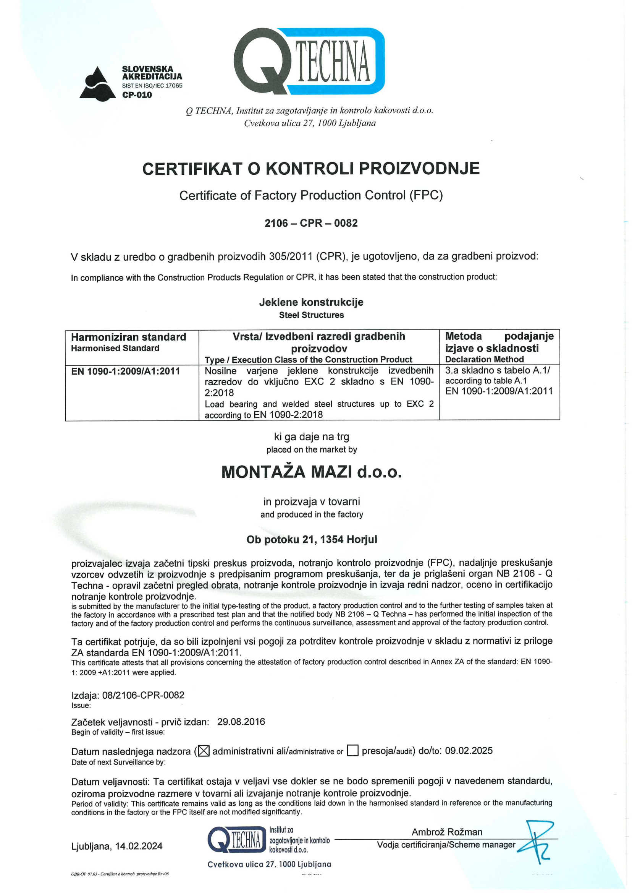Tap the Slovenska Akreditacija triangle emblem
(97, 83)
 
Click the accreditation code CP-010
(137, 95)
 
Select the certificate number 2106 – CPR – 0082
(311, 223)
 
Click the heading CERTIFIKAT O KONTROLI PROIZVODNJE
(311, 169)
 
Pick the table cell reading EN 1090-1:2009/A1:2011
(125, 371)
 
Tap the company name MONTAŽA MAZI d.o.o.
(311, 472)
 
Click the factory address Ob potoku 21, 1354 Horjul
(312, 540)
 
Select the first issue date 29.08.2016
(241, 722)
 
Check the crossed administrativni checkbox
(204, 751)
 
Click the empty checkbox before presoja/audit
(352, 751)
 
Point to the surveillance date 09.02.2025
(469, 751)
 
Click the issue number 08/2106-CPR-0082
(143, 695)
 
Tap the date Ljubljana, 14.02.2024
(117, 846)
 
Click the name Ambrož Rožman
(447, 832)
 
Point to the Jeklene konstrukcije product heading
(311, 302)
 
